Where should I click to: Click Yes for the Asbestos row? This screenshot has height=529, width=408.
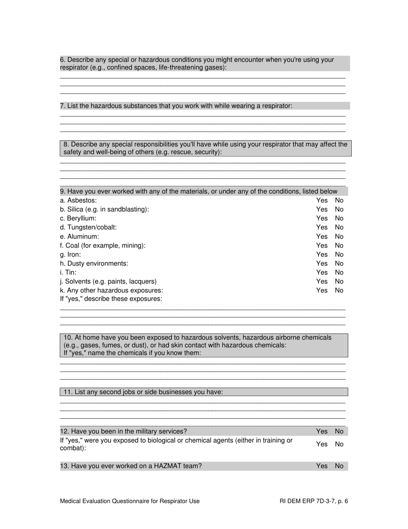(322, 200)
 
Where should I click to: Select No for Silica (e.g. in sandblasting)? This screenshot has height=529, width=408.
(339, 209)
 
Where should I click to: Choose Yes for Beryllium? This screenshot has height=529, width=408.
(322, 218)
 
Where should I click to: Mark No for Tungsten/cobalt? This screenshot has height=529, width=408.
(339, 227)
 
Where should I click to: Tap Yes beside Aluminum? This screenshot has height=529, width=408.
(322, 237)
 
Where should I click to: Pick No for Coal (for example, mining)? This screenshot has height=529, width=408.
(339, 246)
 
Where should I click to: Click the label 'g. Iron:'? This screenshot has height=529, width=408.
(70, 255)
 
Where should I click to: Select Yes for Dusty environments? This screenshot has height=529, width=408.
(322, 264)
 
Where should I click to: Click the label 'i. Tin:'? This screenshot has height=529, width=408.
(68, 272)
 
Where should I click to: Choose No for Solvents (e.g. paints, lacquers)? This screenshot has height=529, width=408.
(339, 281)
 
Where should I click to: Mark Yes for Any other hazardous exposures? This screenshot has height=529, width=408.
(322, 290)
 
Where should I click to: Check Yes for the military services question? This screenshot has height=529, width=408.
(322, 431)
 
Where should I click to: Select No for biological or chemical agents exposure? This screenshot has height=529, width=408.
(339, 444)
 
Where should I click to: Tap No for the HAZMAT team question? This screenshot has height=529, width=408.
(339, 466)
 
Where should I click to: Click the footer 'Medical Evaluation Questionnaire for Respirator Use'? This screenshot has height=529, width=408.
(130, 501)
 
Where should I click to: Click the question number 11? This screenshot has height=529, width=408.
(67, 392)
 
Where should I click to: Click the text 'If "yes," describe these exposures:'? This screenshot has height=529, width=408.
(111, 299)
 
